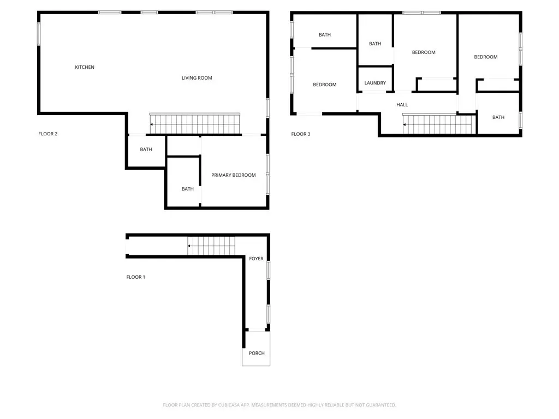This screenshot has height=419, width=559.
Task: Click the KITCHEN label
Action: (85, 67)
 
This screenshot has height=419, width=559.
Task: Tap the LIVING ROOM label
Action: (197, 77)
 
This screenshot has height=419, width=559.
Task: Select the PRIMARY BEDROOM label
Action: (234, 175)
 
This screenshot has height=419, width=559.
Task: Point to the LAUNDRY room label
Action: (375, 83)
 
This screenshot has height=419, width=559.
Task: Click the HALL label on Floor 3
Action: (402, 104)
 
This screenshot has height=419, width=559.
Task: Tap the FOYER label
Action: (257, 258)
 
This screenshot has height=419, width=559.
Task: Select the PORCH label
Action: (257, 353)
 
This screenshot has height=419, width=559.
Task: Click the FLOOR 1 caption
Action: (136, 277)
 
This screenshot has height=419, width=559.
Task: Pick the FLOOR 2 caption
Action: (48, 134)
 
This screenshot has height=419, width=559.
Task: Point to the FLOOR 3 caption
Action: (301, 134)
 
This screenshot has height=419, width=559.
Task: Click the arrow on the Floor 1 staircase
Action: (189, 246)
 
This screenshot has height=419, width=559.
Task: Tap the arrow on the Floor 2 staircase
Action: (152, 124)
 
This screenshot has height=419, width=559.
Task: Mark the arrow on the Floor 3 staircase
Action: (405, 125)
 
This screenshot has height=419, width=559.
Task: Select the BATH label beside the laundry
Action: (375, 44)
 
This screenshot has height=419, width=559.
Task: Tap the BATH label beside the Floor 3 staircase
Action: (498, 117)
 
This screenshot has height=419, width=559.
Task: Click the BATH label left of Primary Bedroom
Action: (188, 189)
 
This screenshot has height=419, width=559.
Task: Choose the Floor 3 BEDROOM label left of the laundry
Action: (325, 85)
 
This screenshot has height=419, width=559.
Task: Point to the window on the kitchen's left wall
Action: (39, 34)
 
